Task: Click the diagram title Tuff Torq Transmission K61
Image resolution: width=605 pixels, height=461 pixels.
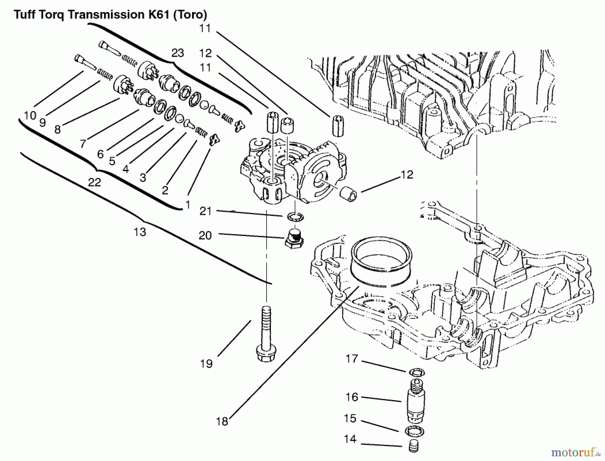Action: pos(110,15)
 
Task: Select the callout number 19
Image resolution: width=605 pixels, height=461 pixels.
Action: pos(206,364)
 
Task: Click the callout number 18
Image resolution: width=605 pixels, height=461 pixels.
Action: pos(222,421)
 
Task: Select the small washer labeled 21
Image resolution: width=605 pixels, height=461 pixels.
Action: pos(295,217)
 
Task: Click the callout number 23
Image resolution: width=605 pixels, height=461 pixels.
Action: pos(177,53)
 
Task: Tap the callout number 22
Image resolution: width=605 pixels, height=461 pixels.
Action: pos(94,182)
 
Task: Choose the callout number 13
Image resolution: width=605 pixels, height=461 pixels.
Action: pos(140,232)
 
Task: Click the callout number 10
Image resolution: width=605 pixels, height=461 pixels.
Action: pos(30,116)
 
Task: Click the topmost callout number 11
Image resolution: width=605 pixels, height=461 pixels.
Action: pos(205,29)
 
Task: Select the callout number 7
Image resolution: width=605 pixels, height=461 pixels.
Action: pos(83,144)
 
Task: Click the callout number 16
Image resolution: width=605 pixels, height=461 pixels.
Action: pos(352,397)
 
